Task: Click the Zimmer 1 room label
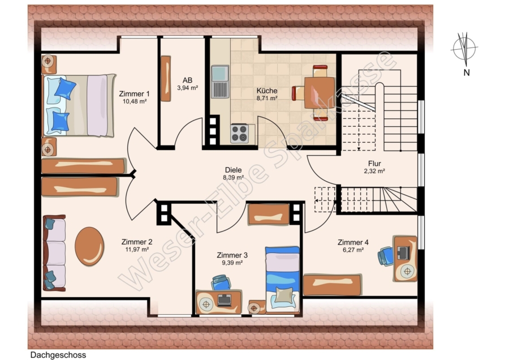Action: pyautogui.click(x=134, y=94)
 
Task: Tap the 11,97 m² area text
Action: pyautogui.click(x=137, y=250)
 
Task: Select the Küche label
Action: pyautogui.click(x=267, y=91)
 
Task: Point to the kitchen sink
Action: pyautogui.click(x=220, y=82)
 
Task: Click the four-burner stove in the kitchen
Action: pyautogui.click(x=240, y=134)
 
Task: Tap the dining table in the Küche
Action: pyautogui.click(x=320, y=93)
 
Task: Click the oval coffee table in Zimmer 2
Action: pyautogui.click(x=89, y=246)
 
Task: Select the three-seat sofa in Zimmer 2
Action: pyautogui.click(x=54, y=252)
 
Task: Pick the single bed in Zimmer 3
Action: pyautogui.click(x=282, y=278)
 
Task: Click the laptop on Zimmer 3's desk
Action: pyautogui.click(x=225, y=300)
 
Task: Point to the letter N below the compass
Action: pyautogui.click(x=467, y=73)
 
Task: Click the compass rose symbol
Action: pyautogui.click(x=464, y=49)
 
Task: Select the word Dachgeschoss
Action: pyautogui.click(x=58, y=355)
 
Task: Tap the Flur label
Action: pyautogui.click(x=374, y=164)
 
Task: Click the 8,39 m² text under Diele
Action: pyautogui.click(x=233, y=177)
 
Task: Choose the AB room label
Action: pyautogui.click(x=187, y=80)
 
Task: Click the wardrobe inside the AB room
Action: pyautogui.click(x=166, y=79)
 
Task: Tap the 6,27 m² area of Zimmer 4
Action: pyautogui.click(x=353, y=250)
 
